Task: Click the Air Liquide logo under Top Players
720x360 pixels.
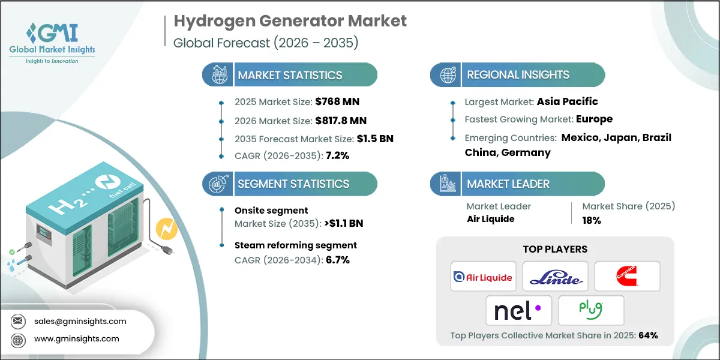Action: pyautogui.click(x=483, y=277)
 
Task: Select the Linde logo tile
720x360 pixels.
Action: pyautogui.click(x=555, y=277)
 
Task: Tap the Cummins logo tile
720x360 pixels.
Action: pyautogui.click(x=627, y=277)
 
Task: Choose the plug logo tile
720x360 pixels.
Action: pyautogui.click(x=591, y=310)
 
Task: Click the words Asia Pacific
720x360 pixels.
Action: pyautogui.click(x=568, y=101)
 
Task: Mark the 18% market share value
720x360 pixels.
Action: pyautogui.click(x=592, y=220)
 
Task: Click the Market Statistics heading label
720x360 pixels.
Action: pyautogui.click(x=290, y=75)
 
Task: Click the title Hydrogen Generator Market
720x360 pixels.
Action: pyautogui.click(x=290, y=21)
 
